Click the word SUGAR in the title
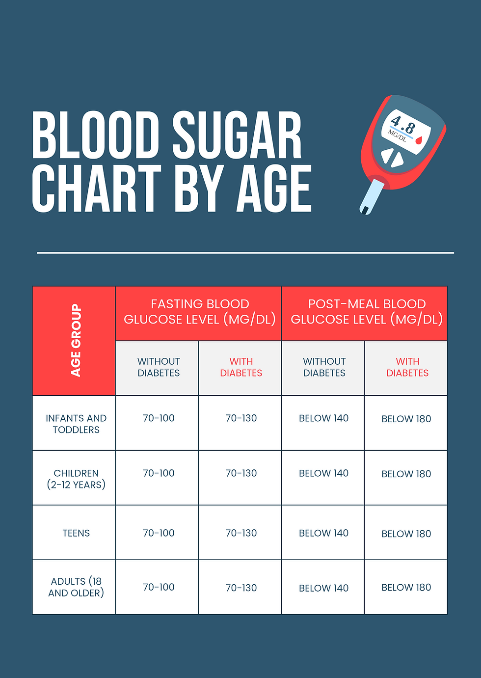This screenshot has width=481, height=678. pos(237,135)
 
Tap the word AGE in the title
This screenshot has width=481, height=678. pos(274,189)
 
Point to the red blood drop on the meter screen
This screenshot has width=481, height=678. pos(419,140)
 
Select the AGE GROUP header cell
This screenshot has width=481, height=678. pos(75,340)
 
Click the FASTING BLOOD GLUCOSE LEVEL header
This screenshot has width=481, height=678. pos(199,312)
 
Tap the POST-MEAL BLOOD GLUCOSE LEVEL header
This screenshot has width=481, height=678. pos(366,312)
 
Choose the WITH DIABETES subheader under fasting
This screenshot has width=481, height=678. pos(241,367)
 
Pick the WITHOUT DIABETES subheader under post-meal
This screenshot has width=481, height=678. pos(324,367)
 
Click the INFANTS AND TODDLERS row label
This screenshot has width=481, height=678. pos(76,424)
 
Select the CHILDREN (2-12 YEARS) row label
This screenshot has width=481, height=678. pos(76,479)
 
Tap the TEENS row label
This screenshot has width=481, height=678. pos(76,533)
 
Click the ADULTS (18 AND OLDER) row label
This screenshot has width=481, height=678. pos(76,587)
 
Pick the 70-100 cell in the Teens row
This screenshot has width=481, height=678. pos(159,533)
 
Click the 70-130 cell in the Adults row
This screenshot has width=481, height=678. pos(241,588)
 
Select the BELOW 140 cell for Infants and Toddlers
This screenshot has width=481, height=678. pos(324,418)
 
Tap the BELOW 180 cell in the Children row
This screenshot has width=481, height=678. pos(406,474)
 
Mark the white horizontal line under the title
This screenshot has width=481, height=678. pos(245,253)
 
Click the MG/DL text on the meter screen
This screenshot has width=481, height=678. pos(398,135)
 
